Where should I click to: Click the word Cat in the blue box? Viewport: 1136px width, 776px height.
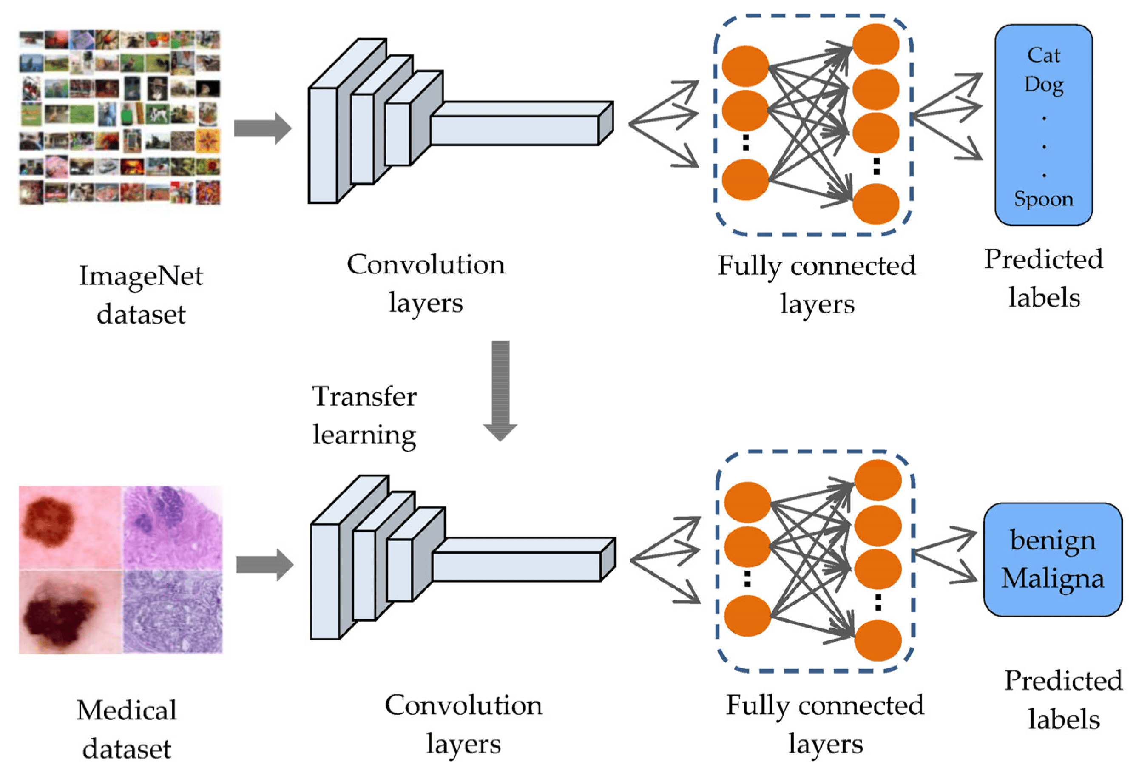point(1043,55)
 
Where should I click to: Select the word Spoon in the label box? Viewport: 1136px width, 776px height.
point(1044,199)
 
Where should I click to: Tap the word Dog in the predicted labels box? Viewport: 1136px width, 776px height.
point(1044,85)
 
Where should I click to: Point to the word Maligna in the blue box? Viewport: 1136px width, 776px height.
point(1052,578)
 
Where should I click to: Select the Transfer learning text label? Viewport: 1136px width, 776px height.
point(364,415)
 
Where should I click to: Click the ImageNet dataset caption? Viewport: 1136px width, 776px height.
point(141,294)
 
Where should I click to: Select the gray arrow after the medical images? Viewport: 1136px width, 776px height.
point(264,565)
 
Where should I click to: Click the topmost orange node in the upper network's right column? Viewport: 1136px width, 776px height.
point(875,44)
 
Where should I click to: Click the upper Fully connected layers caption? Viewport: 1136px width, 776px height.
point(817,284)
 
